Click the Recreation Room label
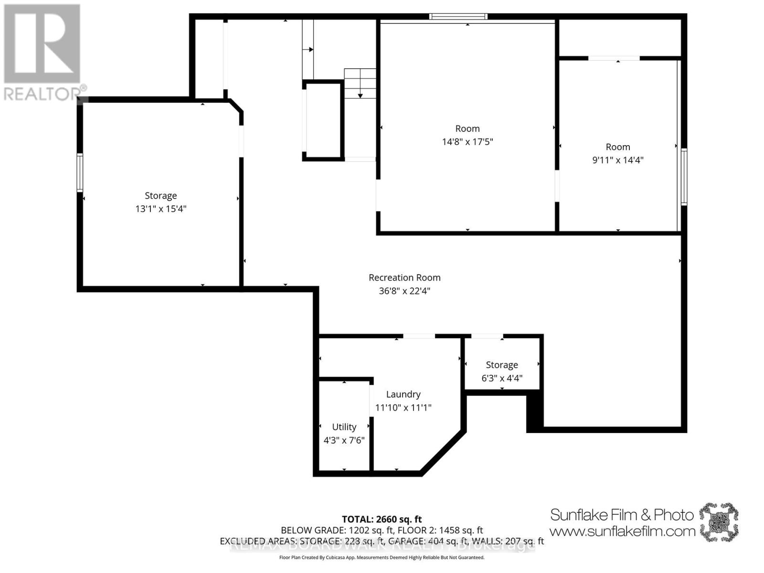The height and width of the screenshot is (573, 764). click(x=404, y=277)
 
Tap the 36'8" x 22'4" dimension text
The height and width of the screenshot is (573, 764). click(x=404, y=291)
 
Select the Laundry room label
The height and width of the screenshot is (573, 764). click(x=403, y=394)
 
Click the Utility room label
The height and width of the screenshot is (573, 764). click(x=344, y=427)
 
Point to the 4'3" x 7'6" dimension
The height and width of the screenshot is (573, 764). click(x=344, y=440)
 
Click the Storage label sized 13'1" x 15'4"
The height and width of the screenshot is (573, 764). click(x=160, y=196)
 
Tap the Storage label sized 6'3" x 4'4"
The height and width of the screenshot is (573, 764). click(x=501, y=365)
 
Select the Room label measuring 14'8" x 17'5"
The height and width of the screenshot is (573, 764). click(x=467, y=128)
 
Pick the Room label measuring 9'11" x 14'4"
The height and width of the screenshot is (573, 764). click(x=617, y=147)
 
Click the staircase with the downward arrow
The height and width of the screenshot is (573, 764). click(x=360, y=84)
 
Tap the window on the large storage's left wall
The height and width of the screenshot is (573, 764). click(x=80, y=173)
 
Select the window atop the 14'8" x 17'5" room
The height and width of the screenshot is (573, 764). click(x=458, y=17)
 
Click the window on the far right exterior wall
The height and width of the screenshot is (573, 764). click(x=684, y=177)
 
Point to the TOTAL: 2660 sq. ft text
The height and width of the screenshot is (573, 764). click(x=382, y=519)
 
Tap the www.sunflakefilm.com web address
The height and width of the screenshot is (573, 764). click(x=622, y=531)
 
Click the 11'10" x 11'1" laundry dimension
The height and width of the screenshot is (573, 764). click(x=403, y=408)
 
